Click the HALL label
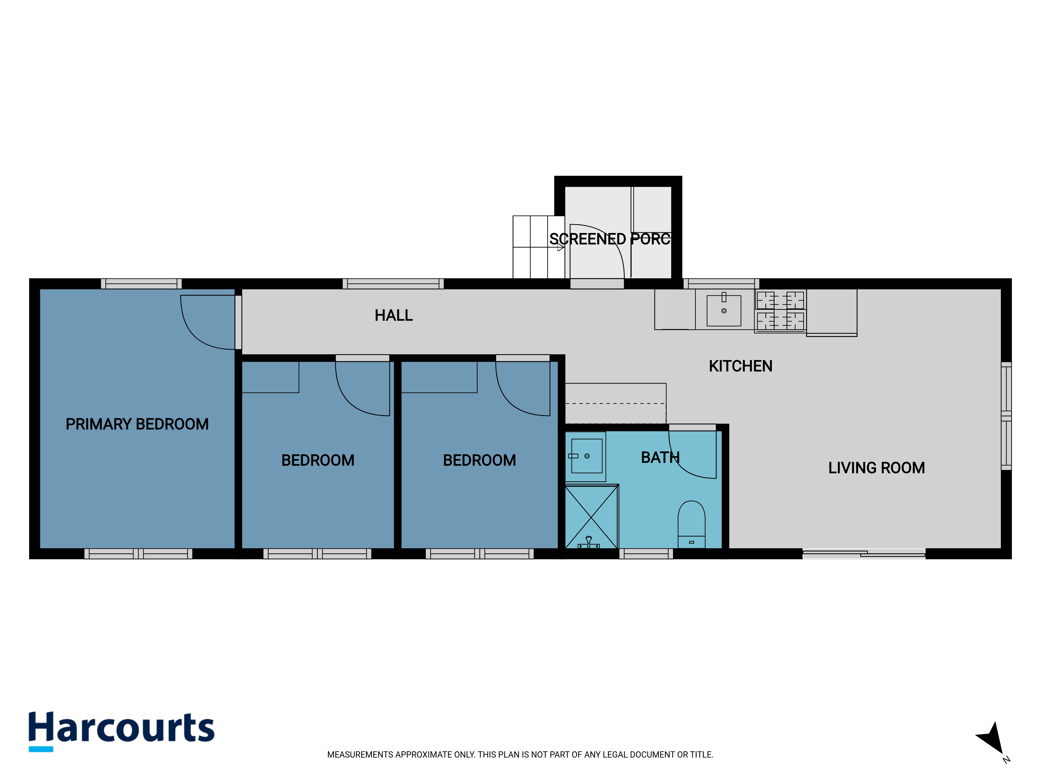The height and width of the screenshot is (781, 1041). point(393,316)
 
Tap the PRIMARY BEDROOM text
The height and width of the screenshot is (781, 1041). point(137,424)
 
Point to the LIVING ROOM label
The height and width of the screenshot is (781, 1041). point(876,468)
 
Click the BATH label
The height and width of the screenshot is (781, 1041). point(660,458)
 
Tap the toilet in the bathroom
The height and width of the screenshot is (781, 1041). point(691,524)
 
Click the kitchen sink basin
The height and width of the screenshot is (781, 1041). point(724,311)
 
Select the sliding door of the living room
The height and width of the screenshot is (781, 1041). point(864,554)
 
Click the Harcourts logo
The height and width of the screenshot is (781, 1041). point(122,731)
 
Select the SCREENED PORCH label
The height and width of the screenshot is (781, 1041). point(610,239)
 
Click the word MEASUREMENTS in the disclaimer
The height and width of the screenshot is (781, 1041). point(360,755)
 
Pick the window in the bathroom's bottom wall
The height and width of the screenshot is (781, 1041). point(646,554)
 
